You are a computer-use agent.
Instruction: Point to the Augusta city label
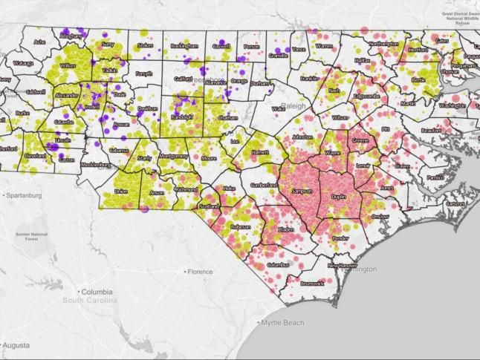pyautogui.click(x=23, y=345)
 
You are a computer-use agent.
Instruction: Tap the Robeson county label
pyautogui.click(x=241, y=227)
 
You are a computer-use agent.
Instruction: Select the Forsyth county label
pyautogui.click(x=143, y=73)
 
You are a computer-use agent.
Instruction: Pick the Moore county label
pyautogui.click(x=210, y=158)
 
